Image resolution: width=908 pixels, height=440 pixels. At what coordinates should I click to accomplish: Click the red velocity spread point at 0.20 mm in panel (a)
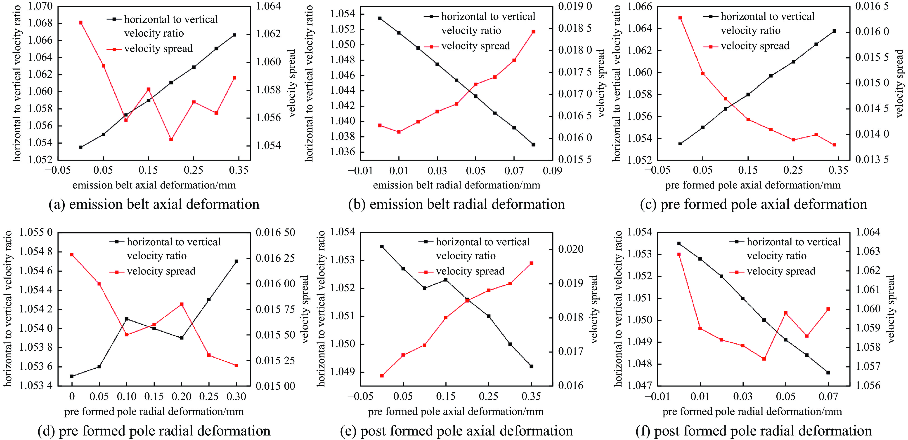[x=171, y=139]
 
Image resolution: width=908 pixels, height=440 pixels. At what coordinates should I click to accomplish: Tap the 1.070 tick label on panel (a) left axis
[x=40, y=6]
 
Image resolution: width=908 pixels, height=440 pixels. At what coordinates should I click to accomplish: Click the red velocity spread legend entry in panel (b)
[x=475, y=46]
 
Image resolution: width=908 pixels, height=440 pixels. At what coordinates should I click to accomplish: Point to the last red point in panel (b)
[x=533, y=32]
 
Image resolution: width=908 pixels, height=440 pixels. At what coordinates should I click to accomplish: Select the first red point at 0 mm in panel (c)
[x=680, y=18]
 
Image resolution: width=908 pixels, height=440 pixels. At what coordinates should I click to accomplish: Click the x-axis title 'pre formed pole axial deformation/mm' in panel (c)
[x=752, y=185]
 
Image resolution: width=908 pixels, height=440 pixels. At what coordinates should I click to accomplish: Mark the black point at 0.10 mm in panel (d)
[x=127, y=319]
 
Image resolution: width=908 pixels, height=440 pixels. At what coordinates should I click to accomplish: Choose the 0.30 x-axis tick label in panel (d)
[x=236, y=397]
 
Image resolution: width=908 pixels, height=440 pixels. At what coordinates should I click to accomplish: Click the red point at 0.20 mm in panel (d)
[x=182, y=304]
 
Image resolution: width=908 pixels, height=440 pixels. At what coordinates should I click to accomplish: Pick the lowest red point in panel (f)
[x=764, y=359]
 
